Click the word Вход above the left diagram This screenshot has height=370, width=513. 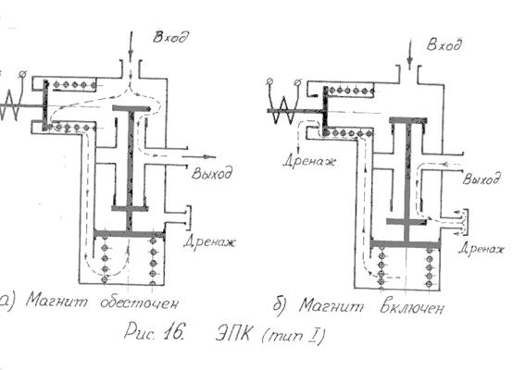coord(170,37)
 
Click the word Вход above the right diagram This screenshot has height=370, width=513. coord(444,44)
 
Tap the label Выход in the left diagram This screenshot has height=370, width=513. coord(212,173)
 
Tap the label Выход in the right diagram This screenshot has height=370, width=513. coord(482,179)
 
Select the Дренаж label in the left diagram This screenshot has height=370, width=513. coord(209,242)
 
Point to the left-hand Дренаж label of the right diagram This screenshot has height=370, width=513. coord(309,161)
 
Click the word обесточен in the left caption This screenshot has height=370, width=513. coord(140,303)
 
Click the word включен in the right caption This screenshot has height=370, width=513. coord(412,308)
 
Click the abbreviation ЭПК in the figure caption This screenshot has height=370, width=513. coord(234,334)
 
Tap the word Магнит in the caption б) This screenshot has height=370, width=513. coord(332,306)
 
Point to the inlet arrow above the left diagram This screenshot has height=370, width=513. coord(131,45)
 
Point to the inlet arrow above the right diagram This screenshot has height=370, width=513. coord(409,55)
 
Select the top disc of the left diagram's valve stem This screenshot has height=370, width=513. coord(131,108)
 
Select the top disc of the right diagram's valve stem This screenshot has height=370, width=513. coord(408,120)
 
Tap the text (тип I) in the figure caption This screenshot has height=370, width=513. coord(294,336)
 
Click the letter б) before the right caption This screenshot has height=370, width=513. coord(281,306)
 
